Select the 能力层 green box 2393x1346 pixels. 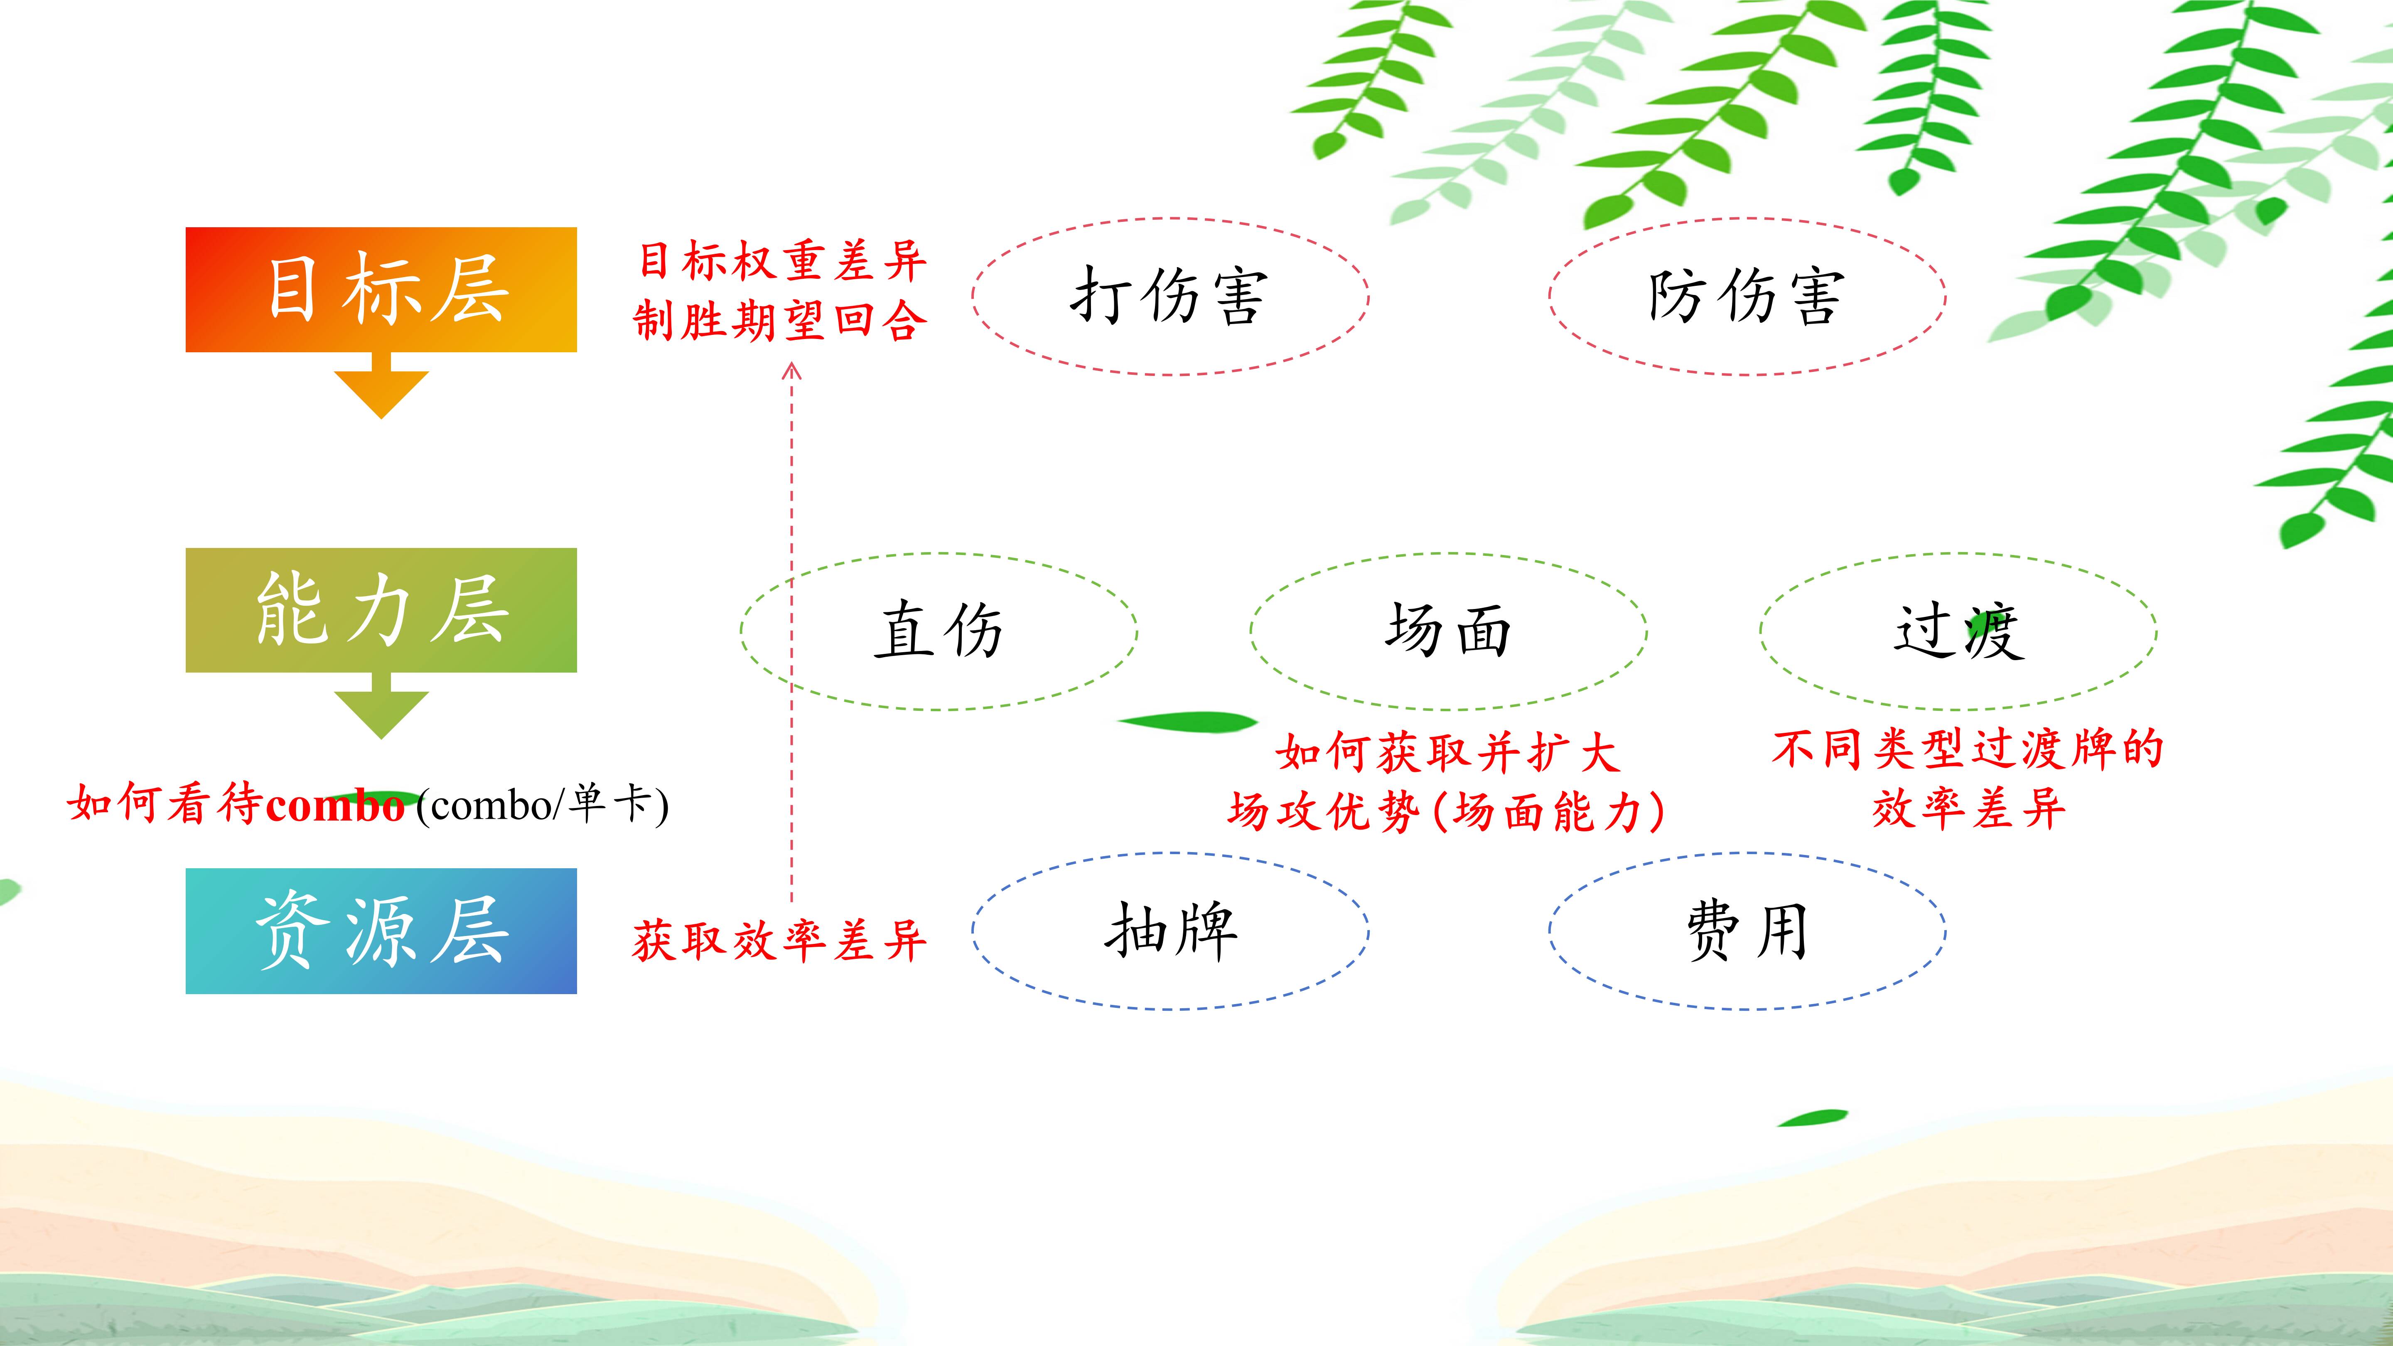pyautogui.click(x=381, y=610)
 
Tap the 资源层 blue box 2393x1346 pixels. pyautogui.click(x=381, y=931)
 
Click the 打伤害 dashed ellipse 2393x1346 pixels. pyautogui.click(x=1170, y=219)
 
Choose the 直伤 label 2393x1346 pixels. pyautogui.click(x=938, y=631)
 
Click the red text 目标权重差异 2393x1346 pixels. pyautogui.click(x=781, y=261)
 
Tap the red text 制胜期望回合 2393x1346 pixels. pyautogui.click(x=781, y=320)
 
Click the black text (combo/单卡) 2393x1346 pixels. pyautogui.click(x=543, y=804)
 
